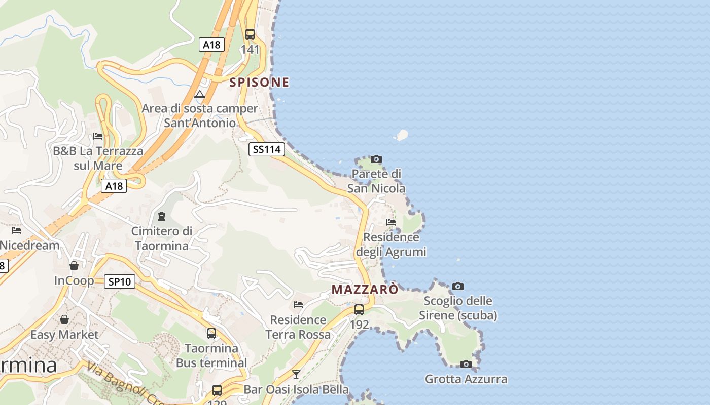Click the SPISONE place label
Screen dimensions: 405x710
tap(259, 82)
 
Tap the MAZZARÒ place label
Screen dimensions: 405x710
tap(365, 290)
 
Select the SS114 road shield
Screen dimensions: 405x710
tap(267, 149)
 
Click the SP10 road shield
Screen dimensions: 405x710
tap(120, 281)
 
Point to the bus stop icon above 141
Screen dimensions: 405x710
tap(250, 34)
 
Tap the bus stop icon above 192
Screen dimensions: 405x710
tap(359, 309)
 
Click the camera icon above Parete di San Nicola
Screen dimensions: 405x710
tap(376, 159)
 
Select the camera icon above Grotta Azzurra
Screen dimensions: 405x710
tap(466, 364)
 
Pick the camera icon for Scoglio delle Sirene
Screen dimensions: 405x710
tap(457, 287)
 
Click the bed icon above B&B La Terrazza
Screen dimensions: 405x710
tap(98, 136)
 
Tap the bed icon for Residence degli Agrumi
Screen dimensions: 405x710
tap(391, 222)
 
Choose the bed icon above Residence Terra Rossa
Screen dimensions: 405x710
tap(298, 305)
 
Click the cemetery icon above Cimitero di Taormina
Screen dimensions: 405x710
tap(162, 216)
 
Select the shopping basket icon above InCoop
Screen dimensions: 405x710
tap(74, 266)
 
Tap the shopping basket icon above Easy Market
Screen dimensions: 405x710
tap(64, 319)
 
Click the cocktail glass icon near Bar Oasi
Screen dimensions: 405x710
tap(296, 375)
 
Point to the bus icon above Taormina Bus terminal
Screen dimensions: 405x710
tap(211, 334)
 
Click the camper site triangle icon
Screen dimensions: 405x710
tap(200, 94)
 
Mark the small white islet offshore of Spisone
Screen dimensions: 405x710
tap(402, 135)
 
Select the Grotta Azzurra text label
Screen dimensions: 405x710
tap(466, 379)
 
